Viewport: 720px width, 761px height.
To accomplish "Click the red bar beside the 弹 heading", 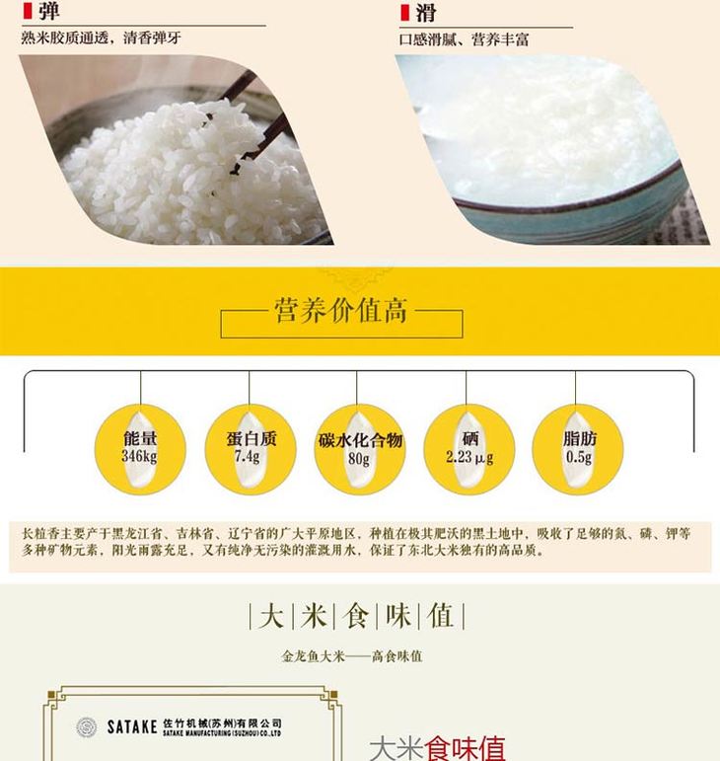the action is tap(28, 11).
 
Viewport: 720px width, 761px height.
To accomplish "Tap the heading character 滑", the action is tap(425, 13).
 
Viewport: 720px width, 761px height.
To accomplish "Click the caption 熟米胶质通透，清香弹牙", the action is tap(101, 38).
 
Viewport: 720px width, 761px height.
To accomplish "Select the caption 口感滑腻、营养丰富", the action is tap(464, 39).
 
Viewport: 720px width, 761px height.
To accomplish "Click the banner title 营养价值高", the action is tap(341, 310).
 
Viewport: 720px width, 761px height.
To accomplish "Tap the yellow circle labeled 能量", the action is tap(140, 449).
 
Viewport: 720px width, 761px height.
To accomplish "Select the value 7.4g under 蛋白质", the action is tap(248, 456).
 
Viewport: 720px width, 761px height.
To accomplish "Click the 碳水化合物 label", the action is tap(360, 440).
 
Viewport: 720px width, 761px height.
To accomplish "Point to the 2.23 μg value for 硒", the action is tap(469, 457).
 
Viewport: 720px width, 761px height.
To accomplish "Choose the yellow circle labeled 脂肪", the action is tap(578, 449).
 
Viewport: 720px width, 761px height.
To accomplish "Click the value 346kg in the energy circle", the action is tap(139, 456).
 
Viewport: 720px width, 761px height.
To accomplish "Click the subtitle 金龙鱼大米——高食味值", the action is tap(352, 656).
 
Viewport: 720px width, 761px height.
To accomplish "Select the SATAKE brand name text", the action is tap(132, 727).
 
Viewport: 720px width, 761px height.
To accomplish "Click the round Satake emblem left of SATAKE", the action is tap(87, 727).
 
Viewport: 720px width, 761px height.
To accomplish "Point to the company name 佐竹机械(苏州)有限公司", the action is tap(222, 723).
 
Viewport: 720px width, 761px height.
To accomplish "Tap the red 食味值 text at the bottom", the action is tap(465, 748).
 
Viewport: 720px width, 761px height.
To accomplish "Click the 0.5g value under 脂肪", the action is tap(578, 457).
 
